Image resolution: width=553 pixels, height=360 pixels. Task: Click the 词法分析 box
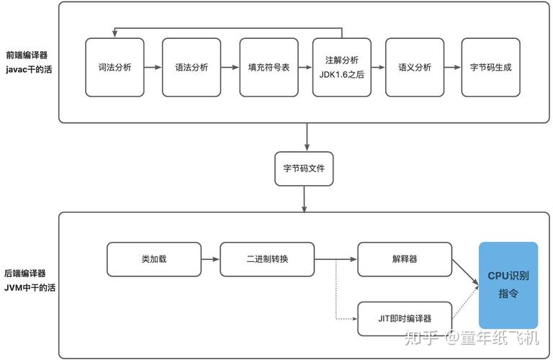(x=114, y=67)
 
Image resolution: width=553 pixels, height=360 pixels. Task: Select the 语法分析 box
(x=192, y=67)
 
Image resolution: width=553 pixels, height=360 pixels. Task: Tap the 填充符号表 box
(x=269, y=67)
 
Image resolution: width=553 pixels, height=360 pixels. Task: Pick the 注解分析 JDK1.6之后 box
(x=342, y=67)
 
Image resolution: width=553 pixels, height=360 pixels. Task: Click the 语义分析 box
(x=415, y=67)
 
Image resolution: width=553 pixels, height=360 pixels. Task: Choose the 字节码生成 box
(x=490, y=67)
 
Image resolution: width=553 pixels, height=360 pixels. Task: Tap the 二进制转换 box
(x=267, y=259)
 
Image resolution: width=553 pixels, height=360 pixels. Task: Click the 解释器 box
(x=405, y=259)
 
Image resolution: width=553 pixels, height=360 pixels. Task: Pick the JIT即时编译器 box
(x=405, y=318)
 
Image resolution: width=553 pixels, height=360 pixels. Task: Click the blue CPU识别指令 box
(x=508, y=285)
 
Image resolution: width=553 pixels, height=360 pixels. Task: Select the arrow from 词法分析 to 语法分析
(x=153, y=67)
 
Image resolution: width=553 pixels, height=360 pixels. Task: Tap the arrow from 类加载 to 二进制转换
(x=210, y=259)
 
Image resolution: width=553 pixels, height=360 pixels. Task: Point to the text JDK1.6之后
(x=342, y=73)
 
